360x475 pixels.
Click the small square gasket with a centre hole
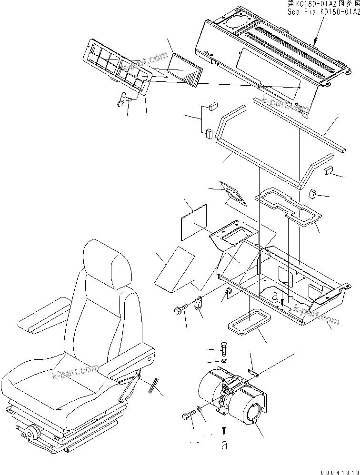click(x=231, y=192)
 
